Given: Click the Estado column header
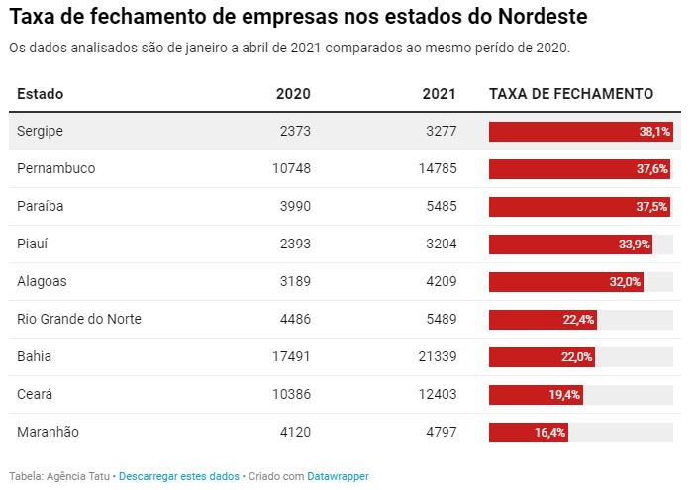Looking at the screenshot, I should point(40,94).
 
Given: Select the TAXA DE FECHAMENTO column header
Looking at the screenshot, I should point(571,94).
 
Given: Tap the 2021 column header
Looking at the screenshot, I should point(439,94).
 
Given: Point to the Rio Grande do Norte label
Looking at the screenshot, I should point(78,319).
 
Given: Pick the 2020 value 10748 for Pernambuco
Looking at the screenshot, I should point(291,168).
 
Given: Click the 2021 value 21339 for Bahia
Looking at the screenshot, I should point(437,356).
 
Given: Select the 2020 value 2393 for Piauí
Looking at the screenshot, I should point(294,244).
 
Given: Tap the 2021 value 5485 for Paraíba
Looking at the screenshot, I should point(440,206).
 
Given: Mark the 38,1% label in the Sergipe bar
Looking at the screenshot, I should point(654,131).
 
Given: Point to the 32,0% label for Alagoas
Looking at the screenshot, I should point(625,281).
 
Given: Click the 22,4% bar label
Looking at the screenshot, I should point(578,319).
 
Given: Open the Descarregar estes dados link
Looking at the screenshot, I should point(178,476).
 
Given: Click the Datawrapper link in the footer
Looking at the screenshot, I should point(338,476).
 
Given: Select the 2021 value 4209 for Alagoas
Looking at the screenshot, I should point(440,281).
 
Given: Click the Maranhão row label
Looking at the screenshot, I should point(48,432).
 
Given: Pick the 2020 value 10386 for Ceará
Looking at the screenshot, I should point(291,394).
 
